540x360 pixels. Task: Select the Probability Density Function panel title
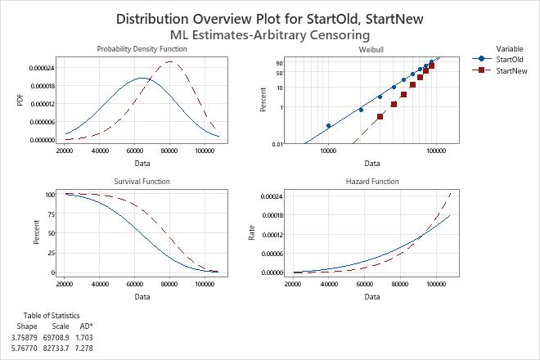pos(142,49)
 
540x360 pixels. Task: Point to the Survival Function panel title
pos(142,181)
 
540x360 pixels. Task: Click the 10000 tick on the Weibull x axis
pos(328,151)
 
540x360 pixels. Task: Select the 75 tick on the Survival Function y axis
pos(51,214)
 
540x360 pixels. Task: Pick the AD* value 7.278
pos(85,348)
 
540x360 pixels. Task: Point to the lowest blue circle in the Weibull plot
pos(328,125)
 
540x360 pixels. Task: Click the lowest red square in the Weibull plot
pos(380,116)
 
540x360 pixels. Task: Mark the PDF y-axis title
pos(20,100)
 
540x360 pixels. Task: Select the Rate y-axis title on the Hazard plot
pos(252,233)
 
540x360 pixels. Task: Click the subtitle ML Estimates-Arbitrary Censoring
pos(269,34)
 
